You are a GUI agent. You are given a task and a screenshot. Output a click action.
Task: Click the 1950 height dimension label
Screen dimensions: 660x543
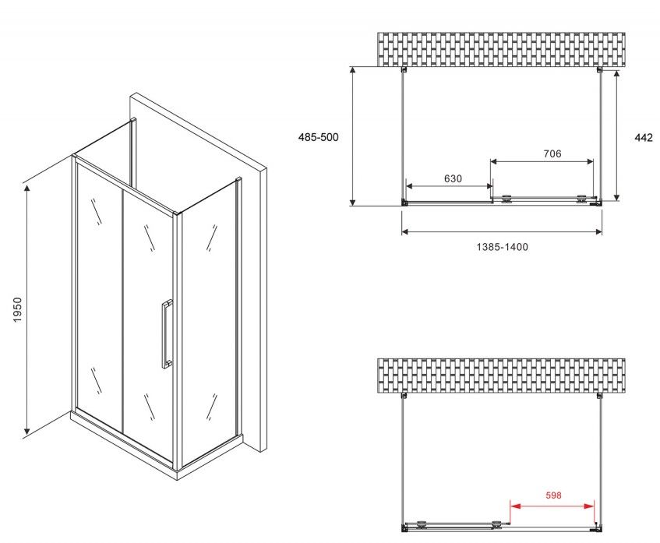(17, 310)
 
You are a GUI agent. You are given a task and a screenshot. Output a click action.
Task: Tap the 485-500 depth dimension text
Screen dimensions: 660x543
(318, 137)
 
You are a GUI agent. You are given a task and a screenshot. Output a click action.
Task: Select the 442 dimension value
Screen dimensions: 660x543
(644, 137)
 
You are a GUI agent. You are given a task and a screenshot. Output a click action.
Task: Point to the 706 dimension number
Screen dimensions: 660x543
(552, 153)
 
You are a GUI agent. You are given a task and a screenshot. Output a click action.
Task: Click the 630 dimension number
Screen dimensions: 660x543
(453, 178)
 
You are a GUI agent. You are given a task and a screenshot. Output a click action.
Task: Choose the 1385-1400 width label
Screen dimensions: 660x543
(502, 247)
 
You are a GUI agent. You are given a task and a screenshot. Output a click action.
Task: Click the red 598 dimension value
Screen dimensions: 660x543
(553, 495)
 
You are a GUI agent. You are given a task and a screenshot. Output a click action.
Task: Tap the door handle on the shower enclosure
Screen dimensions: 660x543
(167, 334)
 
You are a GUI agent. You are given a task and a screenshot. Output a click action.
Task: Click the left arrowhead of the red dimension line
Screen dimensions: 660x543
(515, 506)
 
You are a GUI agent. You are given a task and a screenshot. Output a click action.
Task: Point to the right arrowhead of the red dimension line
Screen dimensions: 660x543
(589, 506)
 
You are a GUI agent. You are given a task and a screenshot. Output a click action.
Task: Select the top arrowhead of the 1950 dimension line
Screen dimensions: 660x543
(27, 189)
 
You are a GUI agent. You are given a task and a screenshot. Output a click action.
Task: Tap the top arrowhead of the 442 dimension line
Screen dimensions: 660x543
(616, 76)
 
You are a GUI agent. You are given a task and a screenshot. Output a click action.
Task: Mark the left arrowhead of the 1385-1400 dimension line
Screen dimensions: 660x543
(407, 231)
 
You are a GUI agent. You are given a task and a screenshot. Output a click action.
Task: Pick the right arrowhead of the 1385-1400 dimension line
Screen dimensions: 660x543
(597, 231)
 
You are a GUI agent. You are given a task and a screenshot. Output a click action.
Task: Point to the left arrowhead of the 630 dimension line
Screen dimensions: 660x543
(411, 186)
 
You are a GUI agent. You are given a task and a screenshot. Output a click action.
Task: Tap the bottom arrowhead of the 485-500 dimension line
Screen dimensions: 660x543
(353, 201)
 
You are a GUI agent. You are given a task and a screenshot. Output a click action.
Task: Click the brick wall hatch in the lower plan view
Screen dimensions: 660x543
(501, 376)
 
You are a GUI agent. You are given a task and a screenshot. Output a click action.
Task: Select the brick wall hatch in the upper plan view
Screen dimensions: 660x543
(501, 50)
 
